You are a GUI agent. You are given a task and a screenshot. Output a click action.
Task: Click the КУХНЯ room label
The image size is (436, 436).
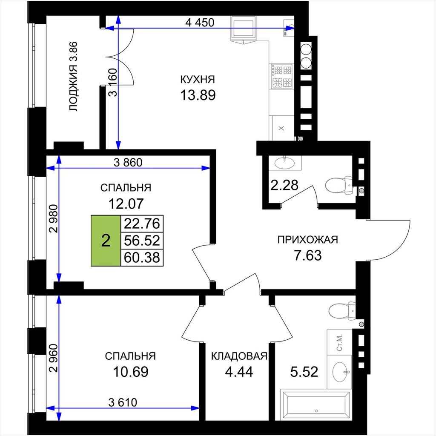(198, 80)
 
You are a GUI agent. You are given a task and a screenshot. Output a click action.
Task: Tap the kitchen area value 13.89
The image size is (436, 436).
(198, 95)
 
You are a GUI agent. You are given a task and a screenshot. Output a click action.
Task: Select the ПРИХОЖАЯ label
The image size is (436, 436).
(307, 239)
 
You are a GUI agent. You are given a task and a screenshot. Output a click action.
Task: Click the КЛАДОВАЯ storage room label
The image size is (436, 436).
(239, 356)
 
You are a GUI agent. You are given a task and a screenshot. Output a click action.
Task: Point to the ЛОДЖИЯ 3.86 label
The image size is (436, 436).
(74, 77)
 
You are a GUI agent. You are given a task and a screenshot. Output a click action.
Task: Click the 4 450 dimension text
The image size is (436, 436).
(200, 23)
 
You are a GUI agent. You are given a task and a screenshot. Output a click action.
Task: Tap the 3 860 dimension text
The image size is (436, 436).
(128, 162)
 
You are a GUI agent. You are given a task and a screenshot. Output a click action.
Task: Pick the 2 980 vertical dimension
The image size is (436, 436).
(53, 218)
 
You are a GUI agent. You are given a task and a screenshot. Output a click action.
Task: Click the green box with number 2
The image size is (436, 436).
(106, 241)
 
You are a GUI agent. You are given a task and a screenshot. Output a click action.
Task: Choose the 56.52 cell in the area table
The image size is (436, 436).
(142, 241)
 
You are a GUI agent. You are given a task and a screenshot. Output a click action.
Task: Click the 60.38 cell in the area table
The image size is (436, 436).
(142, 258)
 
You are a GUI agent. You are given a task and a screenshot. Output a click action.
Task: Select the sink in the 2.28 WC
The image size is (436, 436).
(285, 162)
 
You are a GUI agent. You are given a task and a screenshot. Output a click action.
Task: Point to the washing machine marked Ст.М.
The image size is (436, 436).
(339, 342)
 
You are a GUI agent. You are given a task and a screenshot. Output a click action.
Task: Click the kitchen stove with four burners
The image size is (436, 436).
(282, 76)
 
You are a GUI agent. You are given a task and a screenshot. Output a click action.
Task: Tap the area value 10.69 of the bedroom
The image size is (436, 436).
(131, 372)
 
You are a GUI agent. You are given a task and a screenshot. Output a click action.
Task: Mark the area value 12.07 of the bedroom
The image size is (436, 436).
(126, 204)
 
